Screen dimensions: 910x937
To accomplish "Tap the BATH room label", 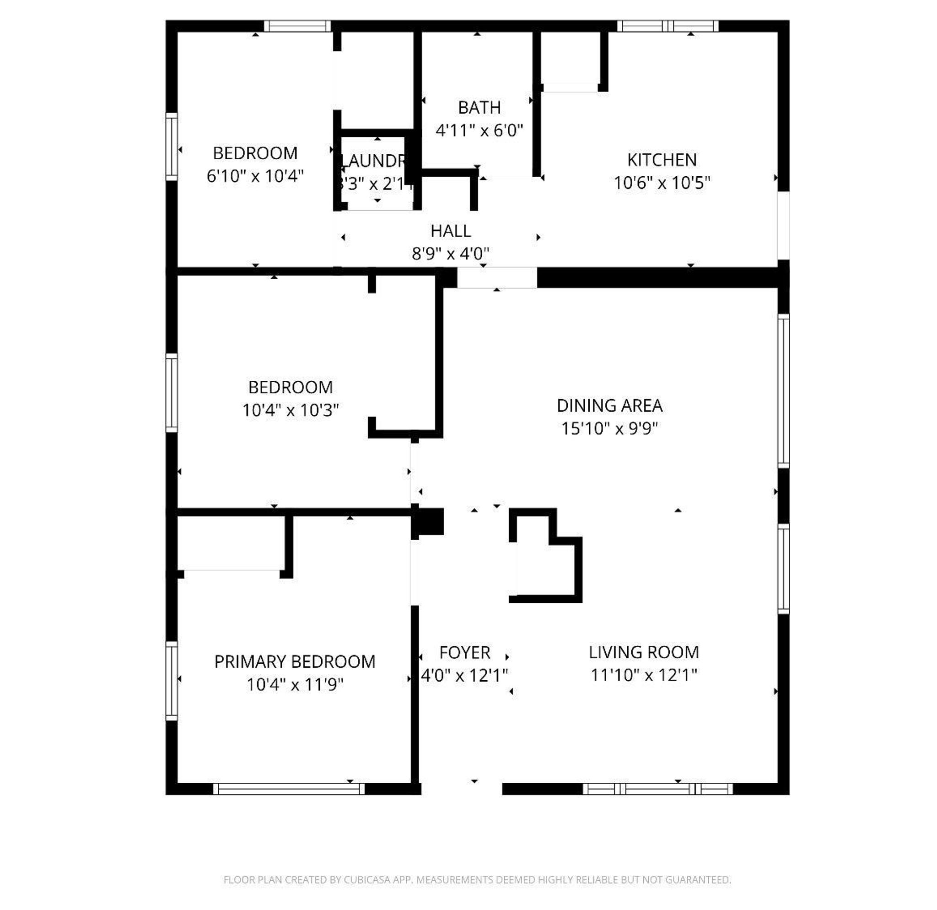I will tap(479, 108).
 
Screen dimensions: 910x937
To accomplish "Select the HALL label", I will tap(450, 231).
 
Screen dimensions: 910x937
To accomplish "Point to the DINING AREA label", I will tap(609, 406).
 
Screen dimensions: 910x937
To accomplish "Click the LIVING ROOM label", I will tap(643, 652).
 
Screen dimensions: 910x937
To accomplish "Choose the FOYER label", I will tap(465, 653).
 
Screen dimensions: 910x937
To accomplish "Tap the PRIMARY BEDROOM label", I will tap(295, 662).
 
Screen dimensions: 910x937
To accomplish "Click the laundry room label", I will tap(375, 161).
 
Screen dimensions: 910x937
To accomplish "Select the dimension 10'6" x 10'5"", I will tap(662, 183).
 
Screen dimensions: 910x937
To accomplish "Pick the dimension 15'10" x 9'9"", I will tap(609, 428).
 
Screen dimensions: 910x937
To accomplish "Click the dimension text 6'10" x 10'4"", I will tap(255, 176).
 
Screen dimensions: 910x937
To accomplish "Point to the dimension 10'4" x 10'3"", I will tap(290, 410).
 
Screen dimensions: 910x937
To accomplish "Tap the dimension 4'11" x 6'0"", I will tap(479, 130).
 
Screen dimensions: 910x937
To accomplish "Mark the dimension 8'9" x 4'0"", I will tap(450, 254).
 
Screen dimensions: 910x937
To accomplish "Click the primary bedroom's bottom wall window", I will tap(288, 789).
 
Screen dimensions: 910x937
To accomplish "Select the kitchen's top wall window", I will tap(668, 26).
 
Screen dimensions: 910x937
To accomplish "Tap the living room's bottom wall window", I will tap(657, 789).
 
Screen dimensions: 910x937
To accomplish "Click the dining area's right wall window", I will tap(783, 390).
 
